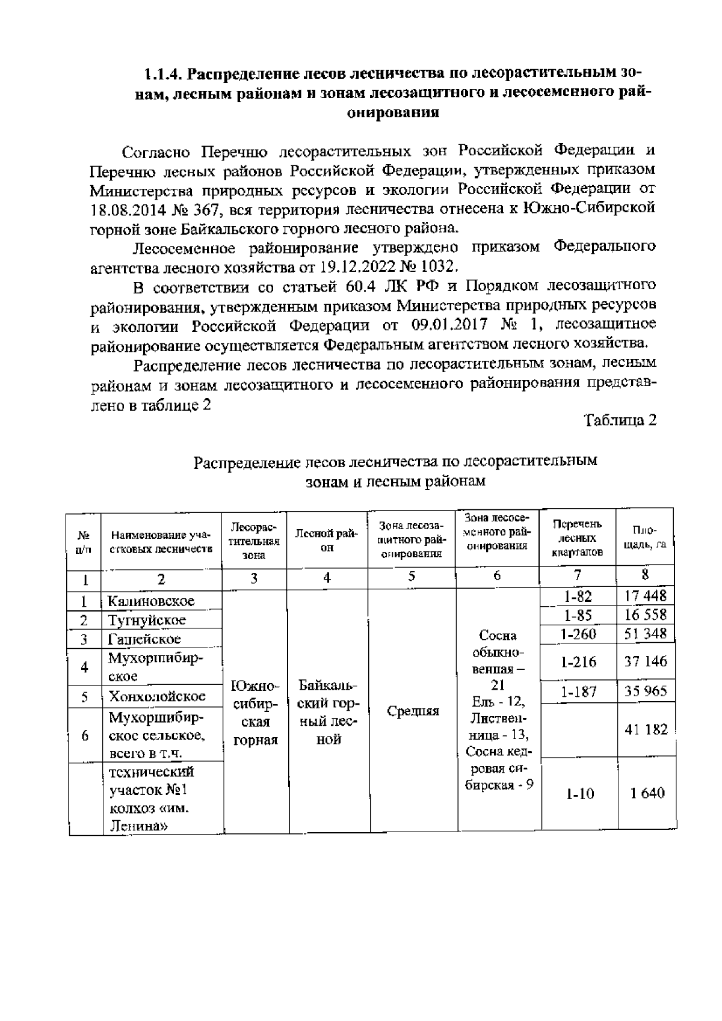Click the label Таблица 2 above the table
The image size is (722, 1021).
click(x=620, y=420)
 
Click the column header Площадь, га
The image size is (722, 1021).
click(x=644, y=536)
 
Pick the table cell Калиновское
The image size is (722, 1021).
click(x=151, y=601)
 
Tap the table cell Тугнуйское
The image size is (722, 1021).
click(x=147, y=620)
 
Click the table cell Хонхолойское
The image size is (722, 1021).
click(x=156, y=696)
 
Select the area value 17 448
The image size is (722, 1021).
click(x=644, y=596)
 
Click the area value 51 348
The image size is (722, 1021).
click(x=644, y=634)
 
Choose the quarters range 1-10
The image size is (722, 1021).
click(x=579, y=794)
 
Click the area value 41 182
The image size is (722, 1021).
click(x=646, y=729)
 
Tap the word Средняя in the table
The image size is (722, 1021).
click(x=413, y=711)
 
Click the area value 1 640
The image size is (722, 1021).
click(x=647, y=793)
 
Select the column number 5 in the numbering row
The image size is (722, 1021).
click(x=412, y=576)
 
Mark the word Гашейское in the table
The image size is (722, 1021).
click(x=144, y=639)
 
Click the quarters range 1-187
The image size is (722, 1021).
click(x=578, y=692)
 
